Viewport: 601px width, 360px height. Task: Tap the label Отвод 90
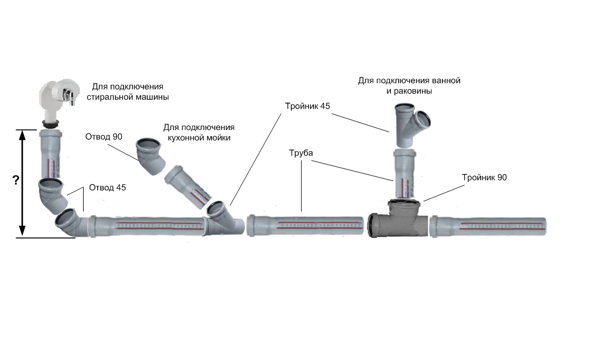click(x=104, y=137)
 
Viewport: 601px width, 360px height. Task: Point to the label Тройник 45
click(x=307, y=105)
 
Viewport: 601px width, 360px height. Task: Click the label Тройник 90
click(x=484, y=177)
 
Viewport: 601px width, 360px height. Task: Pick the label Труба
click(x=301, y=153)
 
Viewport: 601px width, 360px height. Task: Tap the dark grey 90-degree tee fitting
click(x=398, y=219)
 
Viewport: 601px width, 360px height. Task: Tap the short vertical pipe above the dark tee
click(x=405, y=174)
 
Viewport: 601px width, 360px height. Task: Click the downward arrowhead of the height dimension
click(x=22, y=231)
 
